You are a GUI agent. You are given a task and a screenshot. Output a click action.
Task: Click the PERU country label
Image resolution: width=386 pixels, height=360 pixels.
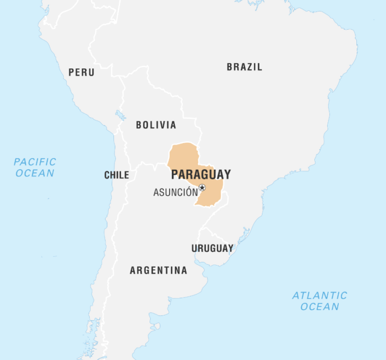click(81, 72)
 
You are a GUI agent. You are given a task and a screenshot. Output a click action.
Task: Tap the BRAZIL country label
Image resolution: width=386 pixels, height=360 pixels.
click(244, 67)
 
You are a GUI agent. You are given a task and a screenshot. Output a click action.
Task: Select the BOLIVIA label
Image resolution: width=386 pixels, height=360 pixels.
click(156, 125)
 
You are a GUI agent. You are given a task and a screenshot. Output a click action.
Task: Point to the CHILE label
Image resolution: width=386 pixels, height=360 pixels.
click(117, 175)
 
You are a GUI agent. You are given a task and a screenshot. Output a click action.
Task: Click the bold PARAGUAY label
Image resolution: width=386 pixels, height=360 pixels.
click(201, 174)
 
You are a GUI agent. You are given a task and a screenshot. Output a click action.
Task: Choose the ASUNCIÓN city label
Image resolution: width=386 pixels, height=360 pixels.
click(176, 192)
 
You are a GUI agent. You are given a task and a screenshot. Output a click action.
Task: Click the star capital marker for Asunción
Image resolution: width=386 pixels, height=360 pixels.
click(202, 188)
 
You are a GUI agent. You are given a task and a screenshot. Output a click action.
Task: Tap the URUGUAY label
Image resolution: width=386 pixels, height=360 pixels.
click(212, 248)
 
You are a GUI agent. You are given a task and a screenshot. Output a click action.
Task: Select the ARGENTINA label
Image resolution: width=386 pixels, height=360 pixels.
click(159, 270)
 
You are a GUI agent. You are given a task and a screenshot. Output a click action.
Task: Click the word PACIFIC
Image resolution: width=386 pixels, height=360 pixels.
click(35, 162)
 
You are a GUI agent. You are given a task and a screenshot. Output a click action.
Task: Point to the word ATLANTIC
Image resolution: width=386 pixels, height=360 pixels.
click(320, 295)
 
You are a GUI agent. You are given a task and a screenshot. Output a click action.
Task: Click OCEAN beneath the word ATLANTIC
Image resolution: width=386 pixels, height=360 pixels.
click(319, 307)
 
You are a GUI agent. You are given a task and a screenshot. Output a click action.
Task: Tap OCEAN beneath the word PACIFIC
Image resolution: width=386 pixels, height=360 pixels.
click(35, 173)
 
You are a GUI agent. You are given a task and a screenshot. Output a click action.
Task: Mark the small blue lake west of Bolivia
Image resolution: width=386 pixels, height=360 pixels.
click(119, 114)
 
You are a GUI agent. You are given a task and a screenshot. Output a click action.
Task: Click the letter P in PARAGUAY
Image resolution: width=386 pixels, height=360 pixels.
click(174, 174)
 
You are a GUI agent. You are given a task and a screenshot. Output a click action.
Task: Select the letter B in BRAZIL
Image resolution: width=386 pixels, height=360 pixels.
click(230, 67)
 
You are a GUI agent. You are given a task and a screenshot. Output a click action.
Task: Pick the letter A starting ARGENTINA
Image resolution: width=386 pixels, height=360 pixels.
click(133, 270)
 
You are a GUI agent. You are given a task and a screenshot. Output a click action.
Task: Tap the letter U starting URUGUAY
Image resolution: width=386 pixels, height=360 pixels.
click(195, 248)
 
